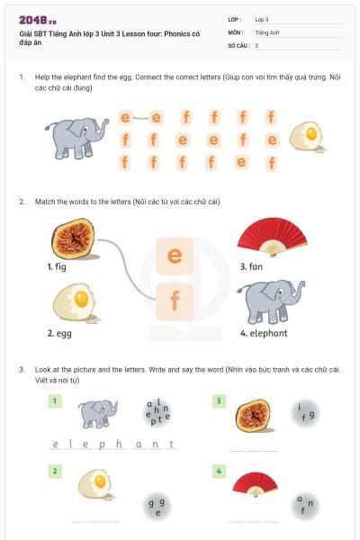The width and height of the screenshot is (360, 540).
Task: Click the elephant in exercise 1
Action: [x=78, y=138]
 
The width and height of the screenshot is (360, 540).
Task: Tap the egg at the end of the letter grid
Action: [x=307, y=137]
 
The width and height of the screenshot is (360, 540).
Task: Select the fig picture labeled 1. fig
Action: [x=71, y=239]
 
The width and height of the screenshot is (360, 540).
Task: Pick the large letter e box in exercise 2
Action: [x=175, y=256]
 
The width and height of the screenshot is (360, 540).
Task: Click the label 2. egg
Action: [x=62, y=333]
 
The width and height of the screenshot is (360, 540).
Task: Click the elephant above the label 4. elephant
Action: [x=269, y=301]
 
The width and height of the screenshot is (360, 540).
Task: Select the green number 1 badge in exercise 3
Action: [x=55, y=400]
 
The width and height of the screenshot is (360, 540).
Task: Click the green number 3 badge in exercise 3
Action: [x=219, y=400]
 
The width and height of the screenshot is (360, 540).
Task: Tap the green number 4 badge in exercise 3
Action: [x=219, y=471]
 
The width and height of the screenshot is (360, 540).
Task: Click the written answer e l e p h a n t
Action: [x=112, y=444]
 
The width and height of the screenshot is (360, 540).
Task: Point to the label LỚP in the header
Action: [x=234, y=18]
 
